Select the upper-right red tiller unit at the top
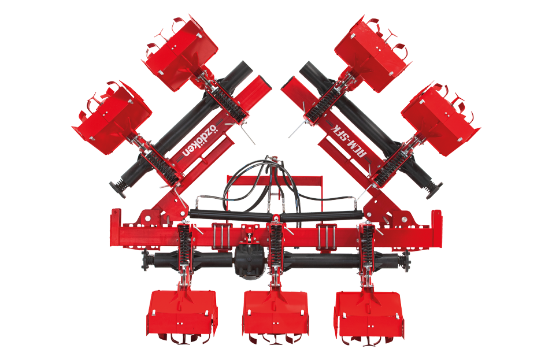click(372, 53)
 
